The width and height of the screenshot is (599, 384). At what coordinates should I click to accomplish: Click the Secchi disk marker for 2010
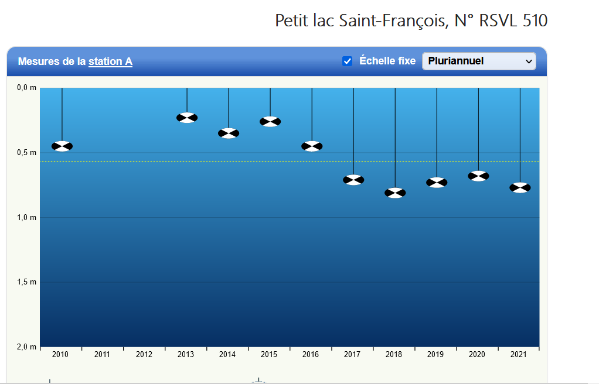coord(62,146)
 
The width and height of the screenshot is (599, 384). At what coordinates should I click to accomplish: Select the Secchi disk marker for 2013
coord(187,118)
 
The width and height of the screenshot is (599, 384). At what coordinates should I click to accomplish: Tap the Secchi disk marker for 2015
coord(270,122)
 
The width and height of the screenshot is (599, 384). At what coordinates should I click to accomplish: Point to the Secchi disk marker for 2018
coord(395,193)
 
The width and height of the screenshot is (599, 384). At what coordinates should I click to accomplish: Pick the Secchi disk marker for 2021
coord(520,188)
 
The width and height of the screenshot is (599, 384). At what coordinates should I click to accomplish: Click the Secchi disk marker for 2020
coord(478,176)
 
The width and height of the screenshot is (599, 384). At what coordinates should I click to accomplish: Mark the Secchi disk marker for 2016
coord(312,146)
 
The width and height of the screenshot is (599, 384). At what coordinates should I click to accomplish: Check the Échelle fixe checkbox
coord(348,61)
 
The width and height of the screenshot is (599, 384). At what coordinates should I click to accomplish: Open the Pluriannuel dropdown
coord(479,61)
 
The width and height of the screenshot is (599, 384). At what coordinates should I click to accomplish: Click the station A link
coord(110,61)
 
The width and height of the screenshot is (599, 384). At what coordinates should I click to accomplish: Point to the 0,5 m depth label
coord(26,153)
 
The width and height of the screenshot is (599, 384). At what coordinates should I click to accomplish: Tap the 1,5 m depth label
coord(26,282)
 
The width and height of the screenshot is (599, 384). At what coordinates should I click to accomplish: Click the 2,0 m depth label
coord(26,347)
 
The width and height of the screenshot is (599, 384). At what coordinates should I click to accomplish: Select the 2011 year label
coord(102,355)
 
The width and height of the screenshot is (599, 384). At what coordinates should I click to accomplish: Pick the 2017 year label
coord(352,355)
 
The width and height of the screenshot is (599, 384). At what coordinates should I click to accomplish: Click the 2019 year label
coord(435,355)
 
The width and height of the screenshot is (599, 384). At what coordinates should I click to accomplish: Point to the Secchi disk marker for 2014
coord(229,133)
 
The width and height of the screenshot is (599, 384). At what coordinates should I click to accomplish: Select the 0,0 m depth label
coord(26,88)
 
